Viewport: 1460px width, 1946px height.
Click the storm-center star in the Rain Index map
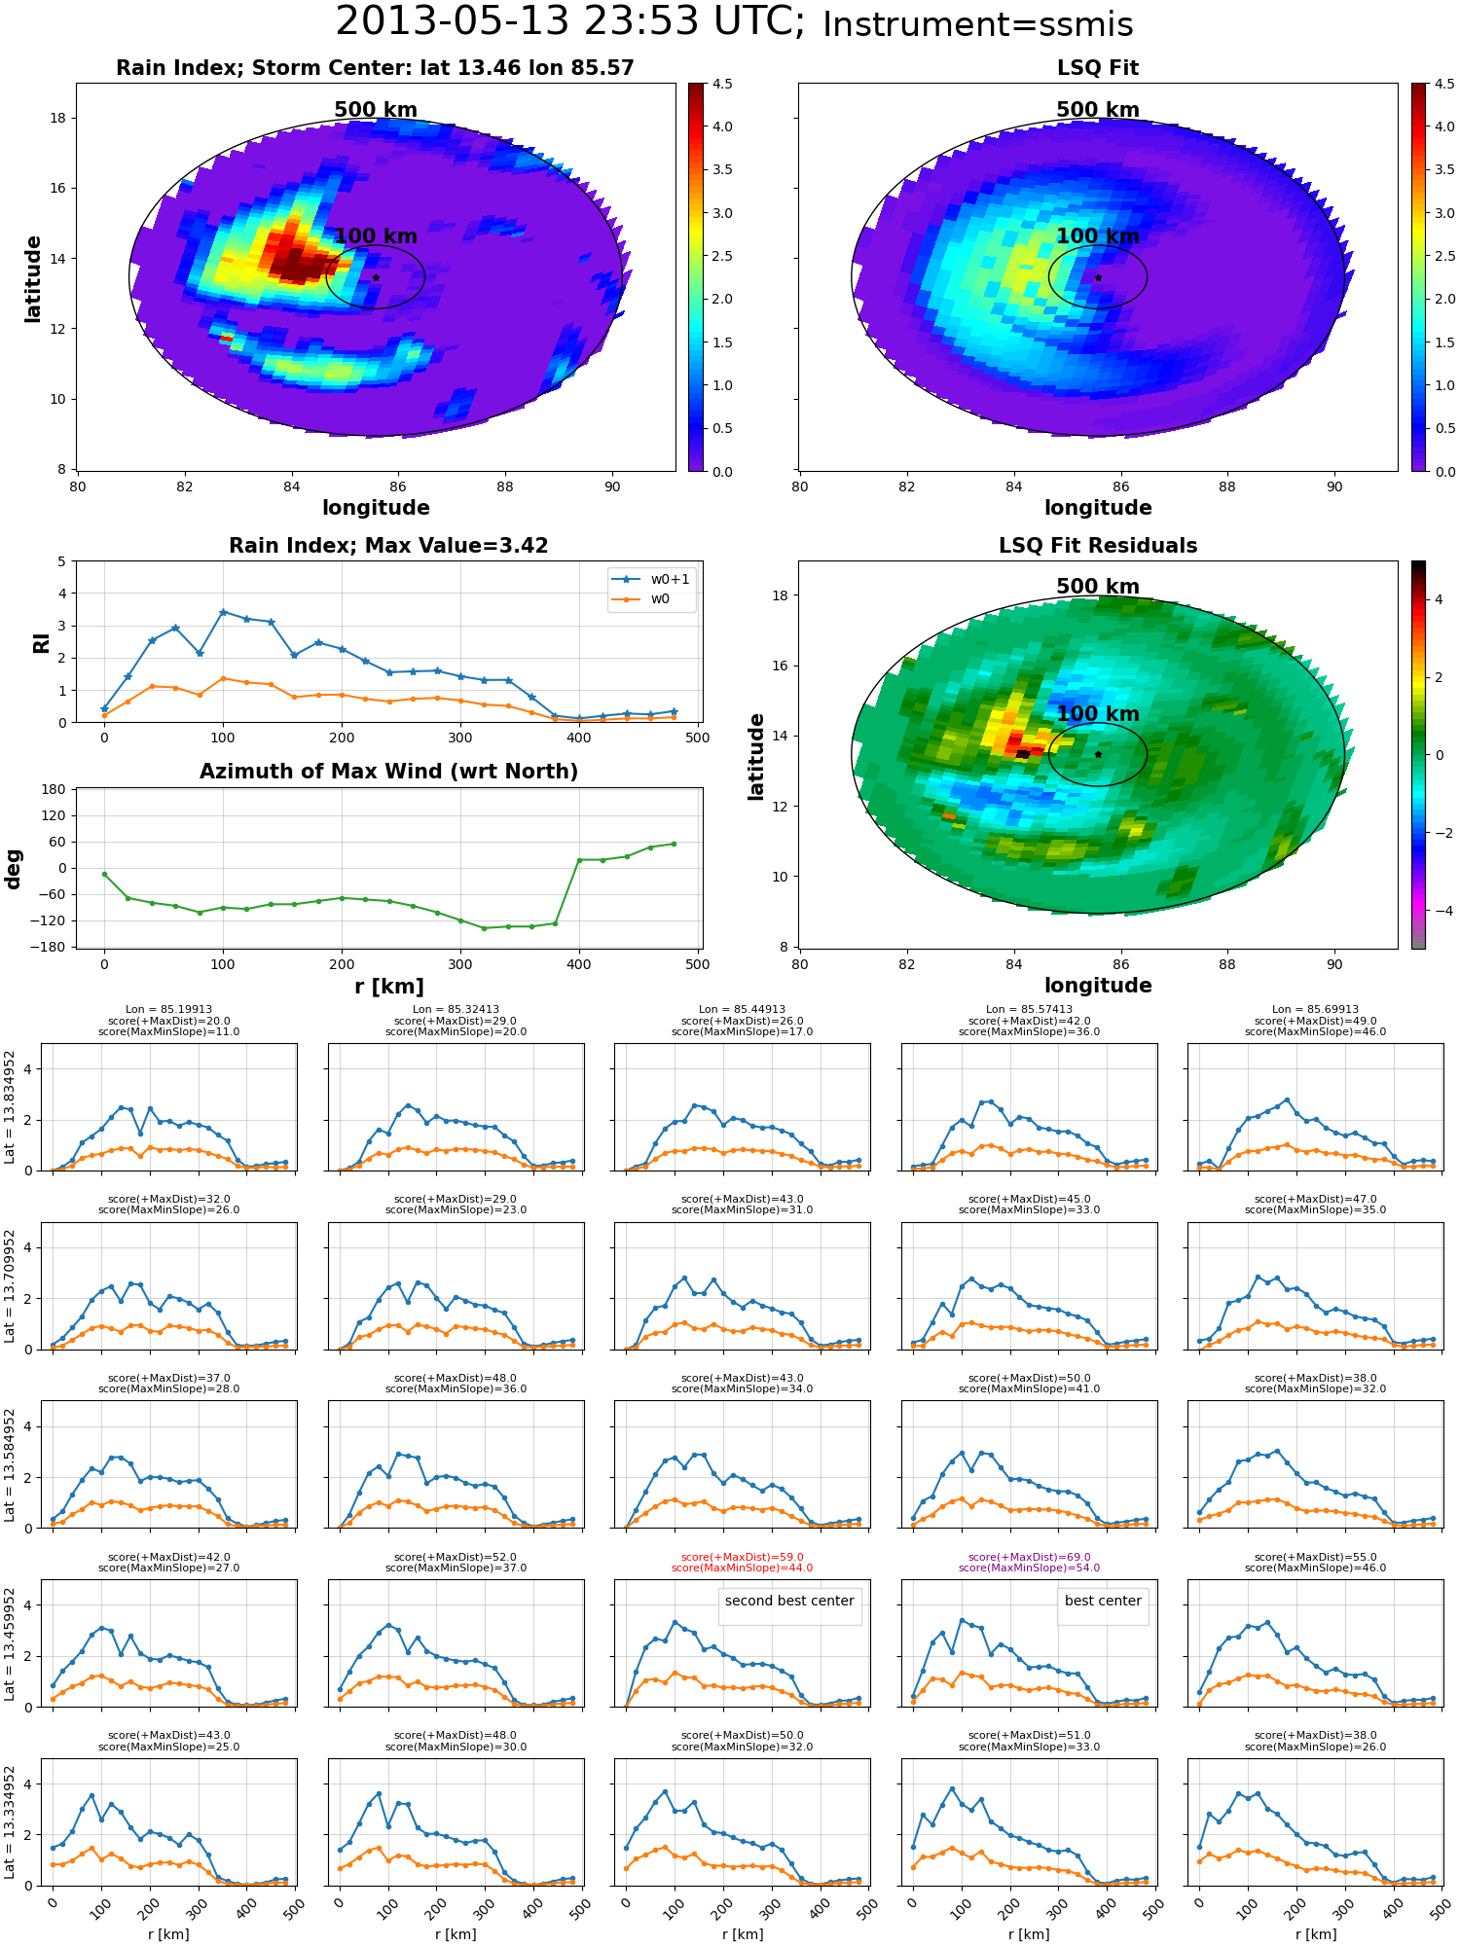coord(376,277)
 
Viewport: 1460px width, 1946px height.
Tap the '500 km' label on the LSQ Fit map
coord(1098,110)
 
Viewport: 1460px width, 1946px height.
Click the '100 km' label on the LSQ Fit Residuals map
coord(1098,713)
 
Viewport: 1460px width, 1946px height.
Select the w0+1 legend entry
coord(650,579)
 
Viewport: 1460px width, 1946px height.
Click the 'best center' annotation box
coord(1103,1601)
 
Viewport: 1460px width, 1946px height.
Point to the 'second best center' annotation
coord(789,1601)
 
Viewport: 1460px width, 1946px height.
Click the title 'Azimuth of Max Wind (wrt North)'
coord(388,772)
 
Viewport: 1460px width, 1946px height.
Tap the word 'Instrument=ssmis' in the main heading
coord(978,24)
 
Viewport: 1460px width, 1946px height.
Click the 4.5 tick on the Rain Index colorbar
coord(722,84)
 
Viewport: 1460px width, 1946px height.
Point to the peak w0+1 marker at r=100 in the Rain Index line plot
coord(223,612)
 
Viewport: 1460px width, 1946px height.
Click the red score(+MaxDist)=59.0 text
coord(742,1557)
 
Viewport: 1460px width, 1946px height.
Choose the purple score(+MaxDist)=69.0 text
coord(1029,1557)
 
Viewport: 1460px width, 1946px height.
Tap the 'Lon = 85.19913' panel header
coord(168,1010)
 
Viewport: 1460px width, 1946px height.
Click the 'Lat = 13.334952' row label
coord(10,1822)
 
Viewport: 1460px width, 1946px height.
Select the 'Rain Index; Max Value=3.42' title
coord(388,546)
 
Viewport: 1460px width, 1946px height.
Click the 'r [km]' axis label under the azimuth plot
coord(388,987)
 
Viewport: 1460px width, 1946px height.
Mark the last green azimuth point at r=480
coord(674,844)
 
